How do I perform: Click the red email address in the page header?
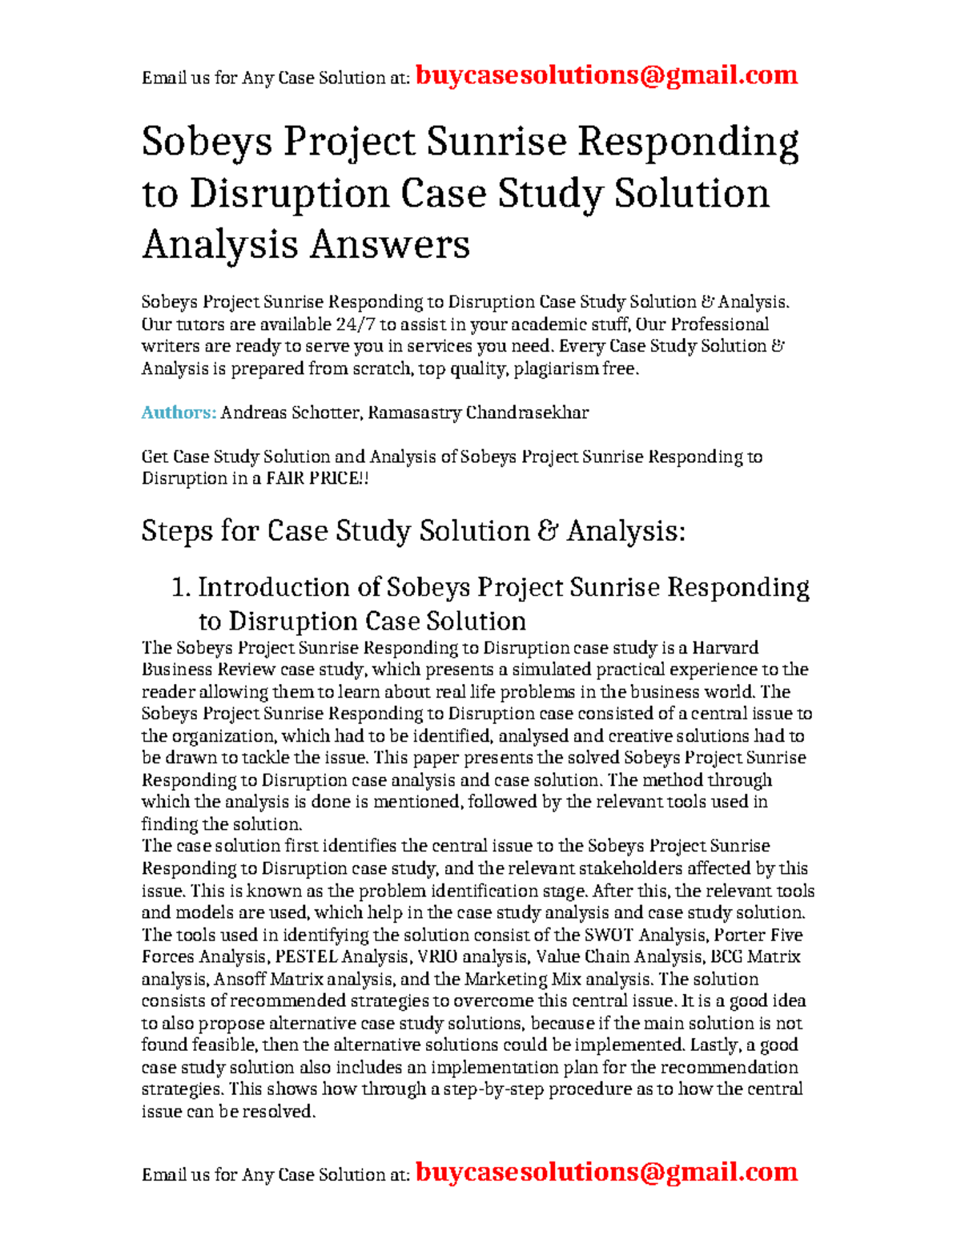pyautogui.click(x=606, y=75)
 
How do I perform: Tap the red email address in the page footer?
pyautogui.click(x=606, y=1172)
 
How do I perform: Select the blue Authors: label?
pyautogui.click(x=179, y=413)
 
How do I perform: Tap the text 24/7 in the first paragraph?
pyautogui.click(x=355, y=324)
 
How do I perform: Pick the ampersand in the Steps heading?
pyautogui.click(x=548, y=531)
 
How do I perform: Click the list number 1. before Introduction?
pyautogui.click(x=181, y=587)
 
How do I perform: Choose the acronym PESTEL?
pyautogui.click(x=306, y=956)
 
